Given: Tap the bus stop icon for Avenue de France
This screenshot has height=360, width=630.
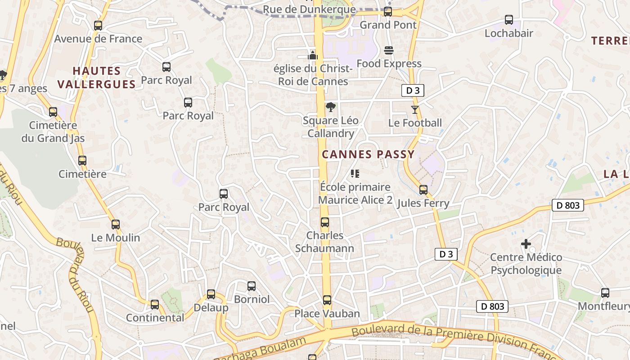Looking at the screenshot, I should pos(98,26).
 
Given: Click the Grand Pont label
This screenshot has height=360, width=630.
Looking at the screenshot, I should pos(388,25).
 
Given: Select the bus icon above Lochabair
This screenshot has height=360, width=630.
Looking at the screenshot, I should pos(509,20).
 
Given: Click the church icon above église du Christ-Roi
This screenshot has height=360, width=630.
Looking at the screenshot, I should pos(313,55).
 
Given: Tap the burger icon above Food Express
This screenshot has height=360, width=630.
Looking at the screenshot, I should pos(389,50).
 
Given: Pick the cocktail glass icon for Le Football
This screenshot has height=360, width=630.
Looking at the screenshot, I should pos(415,109).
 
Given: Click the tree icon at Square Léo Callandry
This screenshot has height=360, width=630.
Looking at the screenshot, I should pos(331,107).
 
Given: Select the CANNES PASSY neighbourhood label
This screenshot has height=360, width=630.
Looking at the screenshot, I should pos(368,154).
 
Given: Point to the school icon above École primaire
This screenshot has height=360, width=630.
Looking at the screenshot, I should pos(355,174).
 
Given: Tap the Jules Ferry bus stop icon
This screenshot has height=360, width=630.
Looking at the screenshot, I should pos(423,190).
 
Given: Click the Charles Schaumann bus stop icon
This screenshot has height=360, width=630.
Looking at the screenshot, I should pos(325,222).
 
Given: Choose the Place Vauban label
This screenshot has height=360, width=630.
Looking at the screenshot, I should pos(327,314).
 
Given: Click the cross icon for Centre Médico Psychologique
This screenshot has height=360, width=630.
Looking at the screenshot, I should pos(526,244).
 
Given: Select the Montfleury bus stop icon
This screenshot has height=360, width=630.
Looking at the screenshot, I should pos(605,293).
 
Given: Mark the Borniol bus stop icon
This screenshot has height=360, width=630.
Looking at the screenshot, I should pos(252,286).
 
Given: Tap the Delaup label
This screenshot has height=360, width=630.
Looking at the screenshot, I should pos(211,308).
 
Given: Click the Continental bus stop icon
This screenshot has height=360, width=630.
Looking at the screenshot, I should pos(155,305).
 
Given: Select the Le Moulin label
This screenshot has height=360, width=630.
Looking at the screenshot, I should pos(116,238).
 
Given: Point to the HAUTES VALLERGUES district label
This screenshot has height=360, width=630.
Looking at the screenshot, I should pos(96,77).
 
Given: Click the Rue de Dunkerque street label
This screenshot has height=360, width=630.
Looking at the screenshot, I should pos(309,9).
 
